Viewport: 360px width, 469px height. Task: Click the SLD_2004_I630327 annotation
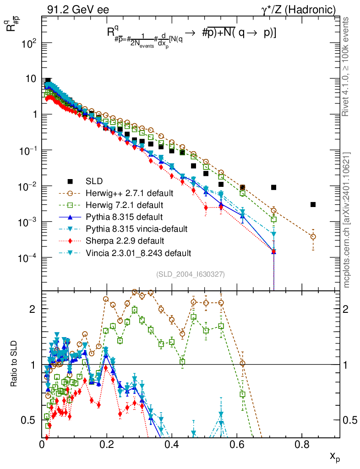pos(190,274)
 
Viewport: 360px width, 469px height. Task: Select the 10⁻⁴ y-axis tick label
pos(28,258)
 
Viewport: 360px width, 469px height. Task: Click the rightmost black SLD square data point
pos(313,204)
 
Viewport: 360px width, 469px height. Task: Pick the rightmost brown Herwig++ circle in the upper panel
pos(313,237)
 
